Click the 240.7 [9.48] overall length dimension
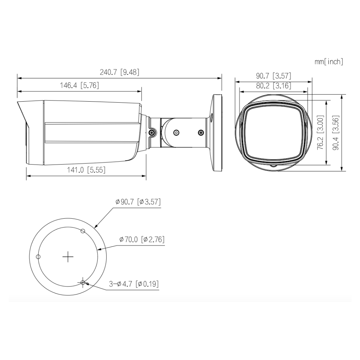tap(120, 72)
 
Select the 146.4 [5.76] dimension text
tap(79, 85)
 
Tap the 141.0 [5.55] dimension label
tap(86, 170)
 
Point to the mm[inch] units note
tap(329, 62)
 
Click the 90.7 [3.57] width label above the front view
tap(274, 76)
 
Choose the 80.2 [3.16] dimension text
tap(274, 86)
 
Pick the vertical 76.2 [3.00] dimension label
tap(320, 133)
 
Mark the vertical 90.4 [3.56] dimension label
tap(336, 133)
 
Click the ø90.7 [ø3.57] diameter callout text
tap(138, 202)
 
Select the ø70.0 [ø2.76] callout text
tap(142, 239)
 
